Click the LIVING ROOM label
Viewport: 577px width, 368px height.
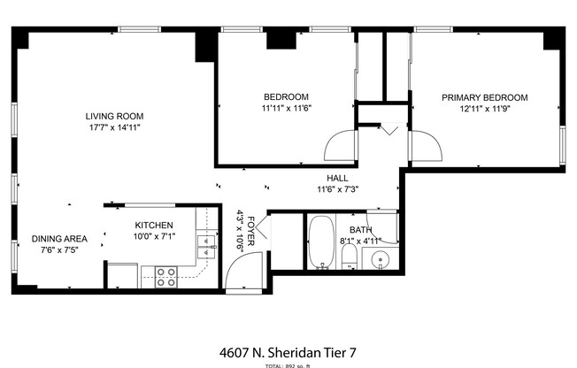(114, 116)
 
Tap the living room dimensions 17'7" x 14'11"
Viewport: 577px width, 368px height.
(114, 127)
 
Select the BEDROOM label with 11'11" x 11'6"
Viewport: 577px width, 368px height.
(286, 96)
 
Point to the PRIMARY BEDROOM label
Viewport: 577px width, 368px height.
(485, 97)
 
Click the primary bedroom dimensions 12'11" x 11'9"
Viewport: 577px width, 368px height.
(485, 109)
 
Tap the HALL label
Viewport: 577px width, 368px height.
(336, 177)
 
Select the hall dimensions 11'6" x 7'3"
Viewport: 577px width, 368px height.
(336, 188)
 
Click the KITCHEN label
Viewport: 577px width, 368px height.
(153, 226)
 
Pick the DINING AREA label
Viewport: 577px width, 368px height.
(59, 238)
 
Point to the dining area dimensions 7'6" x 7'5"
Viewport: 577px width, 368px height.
(59, 249)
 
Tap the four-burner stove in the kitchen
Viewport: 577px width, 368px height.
(165, 277)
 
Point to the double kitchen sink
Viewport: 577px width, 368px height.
(207, 246)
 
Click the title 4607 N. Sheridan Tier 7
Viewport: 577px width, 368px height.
(288, 352)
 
